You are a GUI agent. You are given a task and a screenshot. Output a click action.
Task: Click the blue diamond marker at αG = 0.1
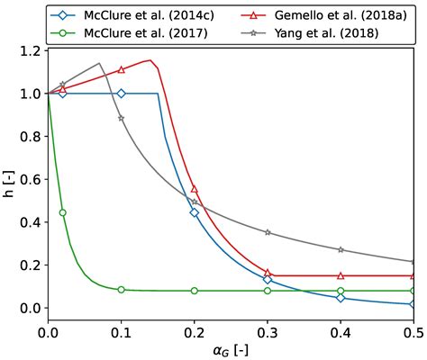pos(122,94)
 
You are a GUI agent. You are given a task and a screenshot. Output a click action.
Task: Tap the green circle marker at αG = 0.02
pos(62,212)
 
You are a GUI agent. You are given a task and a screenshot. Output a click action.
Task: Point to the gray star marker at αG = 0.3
pos(268,232)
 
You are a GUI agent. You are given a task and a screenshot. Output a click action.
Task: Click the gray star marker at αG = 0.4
pos(341,249)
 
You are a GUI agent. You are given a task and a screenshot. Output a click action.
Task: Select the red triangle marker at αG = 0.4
pos(341,275)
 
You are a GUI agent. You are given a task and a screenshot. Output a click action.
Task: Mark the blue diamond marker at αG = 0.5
pos(413,304)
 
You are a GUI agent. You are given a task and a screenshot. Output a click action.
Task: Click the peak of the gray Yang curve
pos(99,63)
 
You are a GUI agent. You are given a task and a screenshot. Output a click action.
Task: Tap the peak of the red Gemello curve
pos(150,60)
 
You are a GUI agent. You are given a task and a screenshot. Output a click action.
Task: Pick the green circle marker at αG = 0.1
pos(122,290)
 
